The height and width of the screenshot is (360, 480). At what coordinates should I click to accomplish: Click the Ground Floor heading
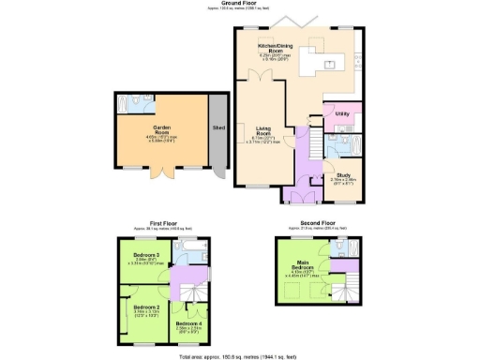240,3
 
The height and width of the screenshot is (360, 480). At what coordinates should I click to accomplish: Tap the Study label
337,170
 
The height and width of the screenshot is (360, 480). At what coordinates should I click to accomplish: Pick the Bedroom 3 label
146,256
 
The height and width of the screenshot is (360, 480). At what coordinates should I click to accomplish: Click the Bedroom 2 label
146,307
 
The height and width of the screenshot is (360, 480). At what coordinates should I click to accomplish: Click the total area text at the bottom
240,356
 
